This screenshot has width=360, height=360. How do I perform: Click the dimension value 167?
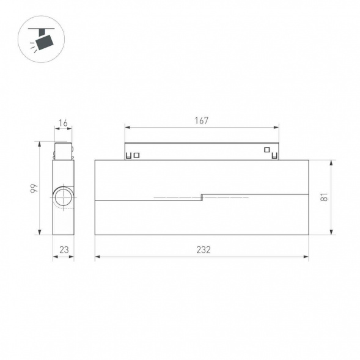tap(202, 120)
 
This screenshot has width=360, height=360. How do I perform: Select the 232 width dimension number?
tap(202, 250)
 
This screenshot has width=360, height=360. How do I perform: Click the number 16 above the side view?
tap(63, 123)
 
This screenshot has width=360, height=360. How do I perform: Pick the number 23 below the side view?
tap(63, 249)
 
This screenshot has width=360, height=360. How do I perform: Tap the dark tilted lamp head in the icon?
tap(44, 42)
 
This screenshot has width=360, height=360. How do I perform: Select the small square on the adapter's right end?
tap(266, 150)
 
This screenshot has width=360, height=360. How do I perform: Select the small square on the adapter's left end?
tap(136, 155)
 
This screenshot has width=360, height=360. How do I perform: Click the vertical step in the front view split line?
tap(202, 197)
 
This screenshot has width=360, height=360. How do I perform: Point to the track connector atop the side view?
tap(63, 150)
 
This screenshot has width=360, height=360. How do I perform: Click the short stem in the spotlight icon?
tap(40, 31)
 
